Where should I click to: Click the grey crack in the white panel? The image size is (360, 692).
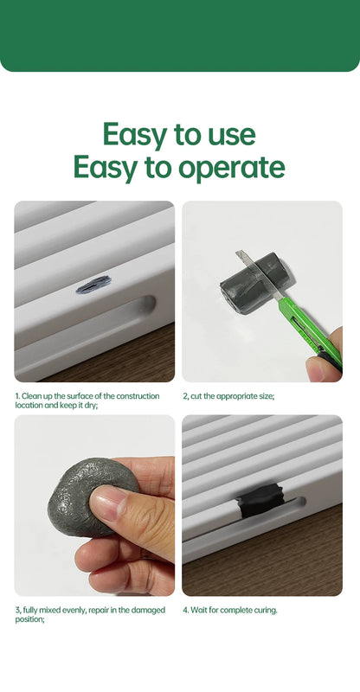click(93, 285)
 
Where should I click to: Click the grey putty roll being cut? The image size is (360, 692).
click(253, 283)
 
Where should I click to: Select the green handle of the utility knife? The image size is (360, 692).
click(310, 328)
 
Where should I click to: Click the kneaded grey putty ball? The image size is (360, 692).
click(91, 496)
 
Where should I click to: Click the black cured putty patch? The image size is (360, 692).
click(259, 500)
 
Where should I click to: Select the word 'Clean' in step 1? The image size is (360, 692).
click(30, 396)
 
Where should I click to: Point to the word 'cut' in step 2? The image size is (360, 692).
click(196, 396)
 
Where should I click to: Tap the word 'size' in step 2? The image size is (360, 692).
click(267, 396)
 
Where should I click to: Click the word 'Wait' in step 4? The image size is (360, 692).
click(198, 611)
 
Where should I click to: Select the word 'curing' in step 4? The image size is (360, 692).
click(266, 611)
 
